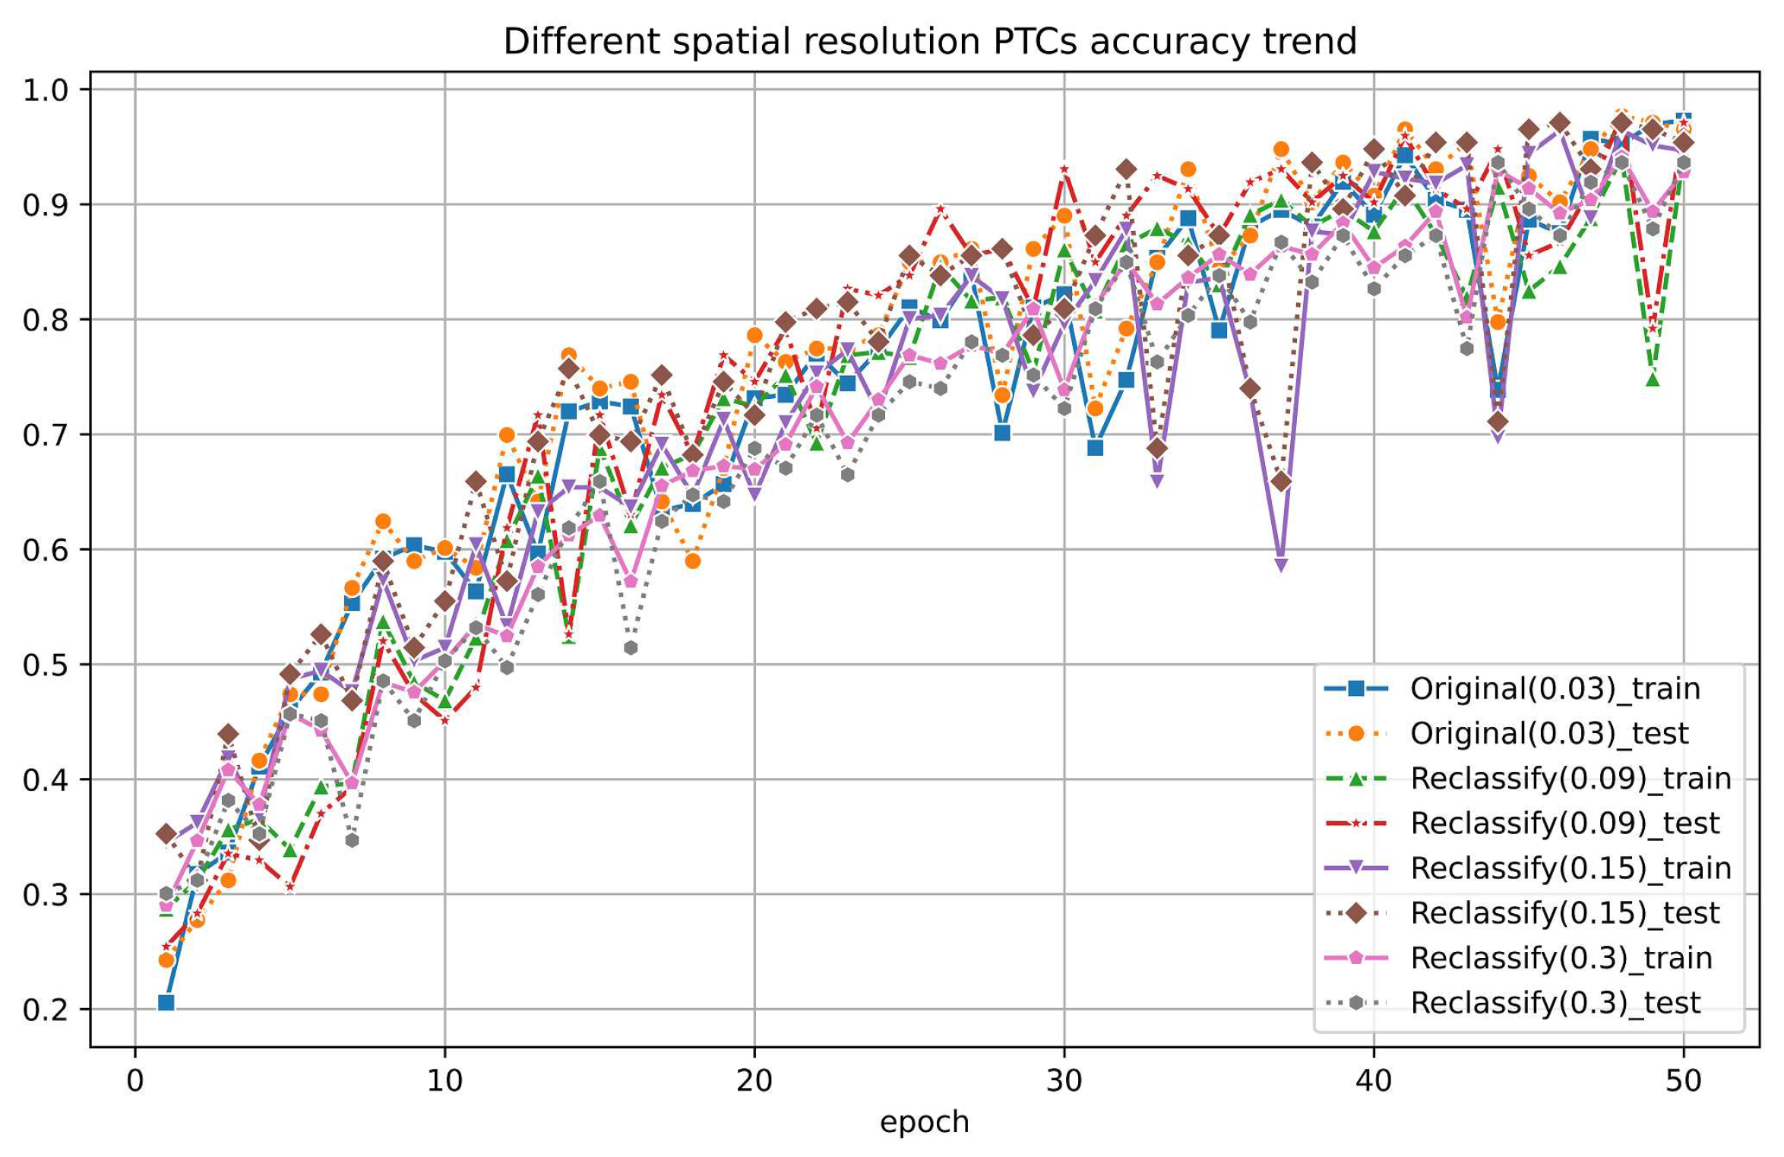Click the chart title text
pyautogui.click(x=929, y=41)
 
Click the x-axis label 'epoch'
pyautogui.click(x=924, y=1122)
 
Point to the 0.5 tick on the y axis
pyautogui.click(x=45, y=665)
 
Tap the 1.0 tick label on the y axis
pyautogui.click(x=45, y=90)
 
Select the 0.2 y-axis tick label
pyautogui.click(x=45, y=1010)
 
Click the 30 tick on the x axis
pyautogui.click(x=1064, y=1080)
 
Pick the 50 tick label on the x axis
pyautogui.click(x=1683, y=1080)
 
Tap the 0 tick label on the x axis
pyautogui.click(x=135, y=1080)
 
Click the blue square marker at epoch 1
pyautogui.click(x=166, y=1003)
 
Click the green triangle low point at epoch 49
pyautogui.click(x=1653, y=379)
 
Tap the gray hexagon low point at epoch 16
pyautogui.click(x=631, y=648)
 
